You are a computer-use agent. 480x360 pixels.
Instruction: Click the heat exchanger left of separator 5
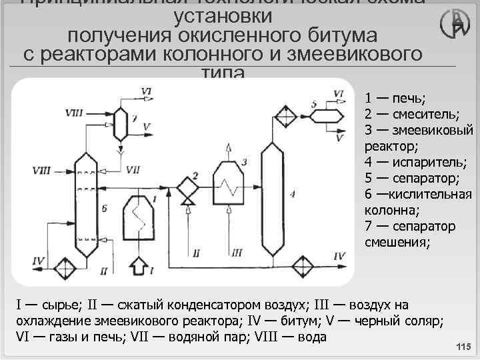click(287, 116)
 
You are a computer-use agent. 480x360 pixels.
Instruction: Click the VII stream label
click(132, 160)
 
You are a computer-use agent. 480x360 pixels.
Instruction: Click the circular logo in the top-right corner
click(455, 23)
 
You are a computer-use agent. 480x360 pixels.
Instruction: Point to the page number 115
click(462, 348)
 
